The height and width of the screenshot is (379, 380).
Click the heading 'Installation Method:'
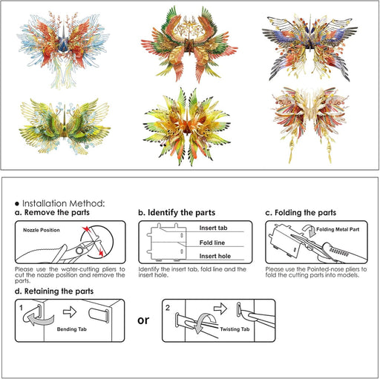tap(64, 203)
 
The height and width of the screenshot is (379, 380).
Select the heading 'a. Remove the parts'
tap(52, 212)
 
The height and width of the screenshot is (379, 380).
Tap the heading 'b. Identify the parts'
tap(177, 213)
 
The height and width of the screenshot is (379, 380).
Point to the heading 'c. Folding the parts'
tap(301, 213)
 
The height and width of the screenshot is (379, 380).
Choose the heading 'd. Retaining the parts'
tap(54, 291)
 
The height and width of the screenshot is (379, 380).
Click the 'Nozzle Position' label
tap(42, 230)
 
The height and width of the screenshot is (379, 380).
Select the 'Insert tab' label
tap(213, 228)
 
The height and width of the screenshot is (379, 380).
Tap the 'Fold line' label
tap(212, 243)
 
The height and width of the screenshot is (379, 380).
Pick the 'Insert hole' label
tap(215, 256)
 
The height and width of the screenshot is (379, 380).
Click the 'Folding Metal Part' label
tap(338, 229)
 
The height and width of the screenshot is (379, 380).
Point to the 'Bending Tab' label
tap(72, 329)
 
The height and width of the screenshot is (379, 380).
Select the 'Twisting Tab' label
tap(235, 329)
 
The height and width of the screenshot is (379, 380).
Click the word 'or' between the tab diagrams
tap(143, 320)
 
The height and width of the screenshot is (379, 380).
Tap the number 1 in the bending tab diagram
tap(21, 308)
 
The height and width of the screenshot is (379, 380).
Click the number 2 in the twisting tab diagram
tap(168, 308)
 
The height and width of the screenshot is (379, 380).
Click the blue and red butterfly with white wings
tap(63, 50)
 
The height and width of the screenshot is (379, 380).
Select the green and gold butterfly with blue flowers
tap(65, 126)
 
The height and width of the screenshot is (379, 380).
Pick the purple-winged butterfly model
tap(309, 47)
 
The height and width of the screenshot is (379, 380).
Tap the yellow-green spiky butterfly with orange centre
tap(187, 127)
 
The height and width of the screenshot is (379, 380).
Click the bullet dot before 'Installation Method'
tap(17, 204)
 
